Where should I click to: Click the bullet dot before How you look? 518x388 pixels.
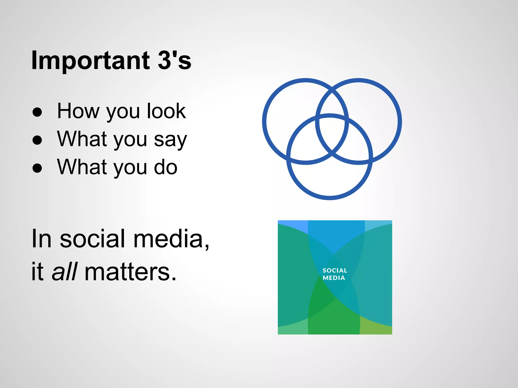click(37, 112)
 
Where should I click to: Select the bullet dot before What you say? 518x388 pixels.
click(37, 140)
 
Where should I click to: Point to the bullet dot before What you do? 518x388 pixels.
click(37, 168)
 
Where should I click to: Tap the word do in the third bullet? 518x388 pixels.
click(166, 167)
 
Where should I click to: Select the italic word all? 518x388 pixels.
click(64, 272)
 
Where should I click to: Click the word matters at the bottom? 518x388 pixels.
click(130, 272)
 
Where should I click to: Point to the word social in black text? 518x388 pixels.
click(92, 239)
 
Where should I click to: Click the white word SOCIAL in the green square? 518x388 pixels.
click(335, 271)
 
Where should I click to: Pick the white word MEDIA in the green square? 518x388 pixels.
click(334, 278)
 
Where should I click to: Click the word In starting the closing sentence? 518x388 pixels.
click(41, 239)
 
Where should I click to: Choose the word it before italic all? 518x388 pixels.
click(37, 272)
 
